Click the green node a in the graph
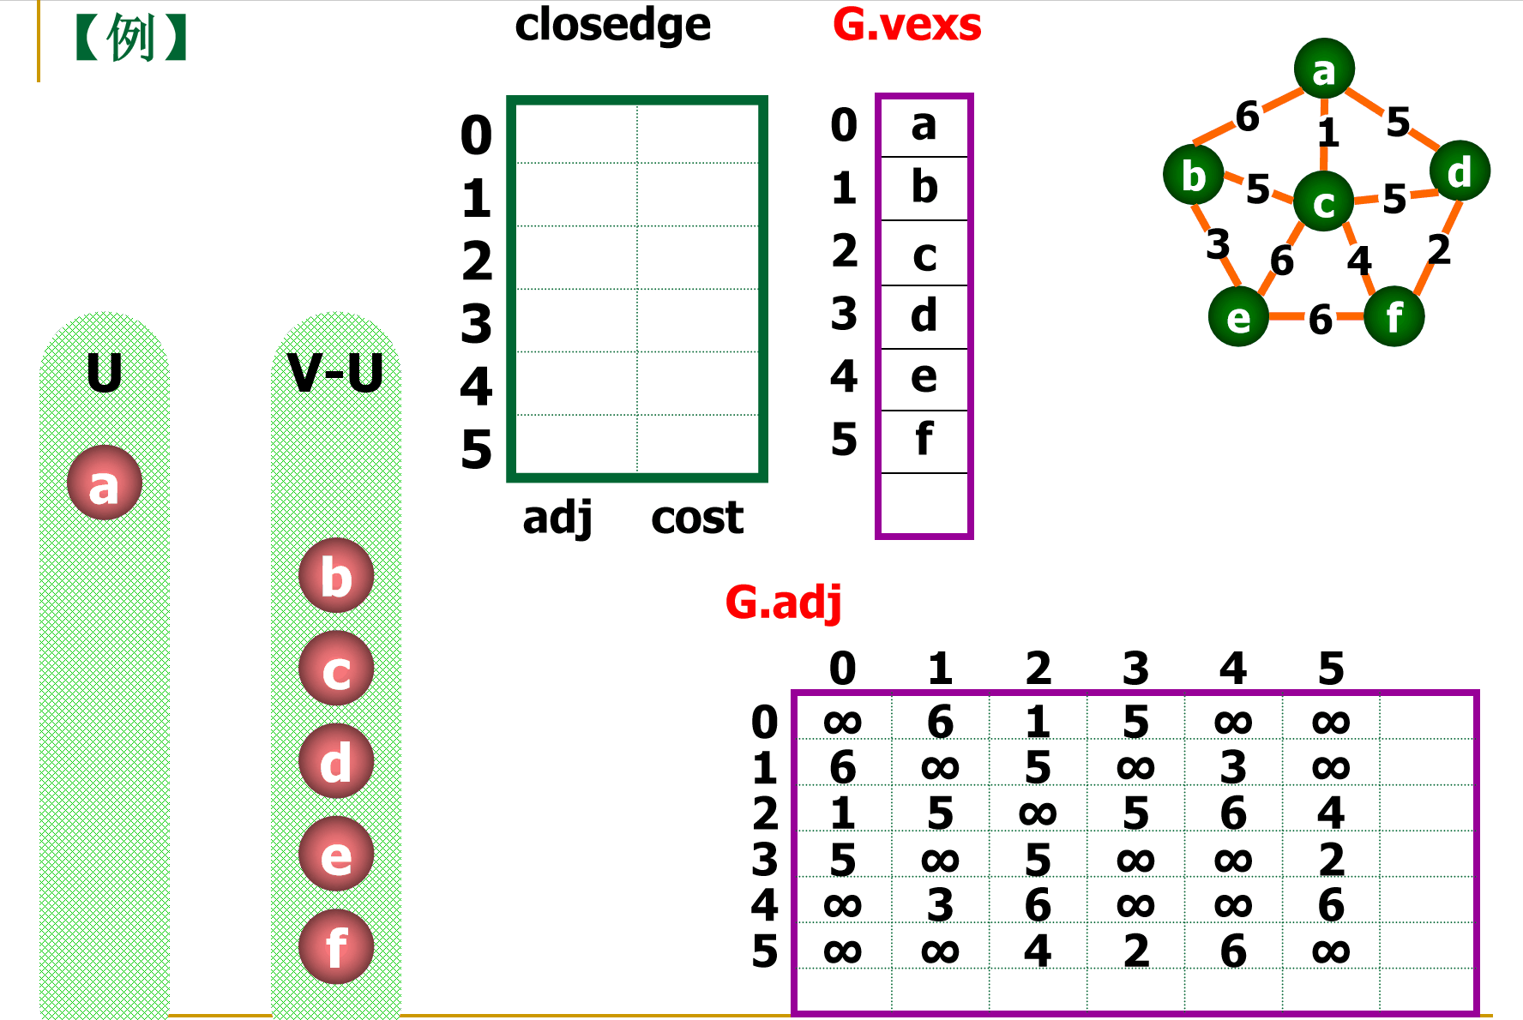click(x=1324, y=69)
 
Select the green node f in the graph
click(x=1394, y=316)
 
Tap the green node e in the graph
click(x=1238, y=316)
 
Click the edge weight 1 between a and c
click(x=1327, y=133)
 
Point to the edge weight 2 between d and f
click(x=1438, y=249)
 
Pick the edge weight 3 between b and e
click(x=1217, y=244)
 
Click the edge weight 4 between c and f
click(x=1358, y=261)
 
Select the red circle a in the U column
click(x=105, y=483)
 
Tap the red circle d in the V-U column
click(x=336, y=761)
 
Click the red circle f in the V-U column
click(x=336, y=946)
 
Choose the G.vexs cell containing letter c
click(x=924, y=254)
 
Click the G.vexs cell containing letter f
click(x=924, y=441)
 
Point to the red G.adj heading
click(x=783, y=603)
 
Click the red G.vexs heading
click(x=906, y=25)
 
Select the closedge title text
click(x=612, y=26)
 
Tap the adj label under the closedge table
click(x=557, y=518)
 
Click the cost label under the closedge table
click(x=696, y=518)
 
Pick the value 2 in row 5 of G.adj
click(x=1135, y=951)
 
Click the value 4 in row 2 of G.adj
click(x=1330, y=813)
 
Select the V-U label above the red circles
click(x=335, y=374)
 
